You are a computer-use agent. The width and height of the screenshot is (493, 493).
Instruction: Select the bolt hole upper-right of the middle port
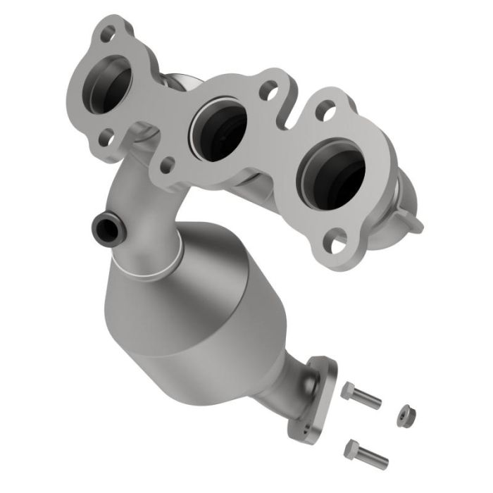268,90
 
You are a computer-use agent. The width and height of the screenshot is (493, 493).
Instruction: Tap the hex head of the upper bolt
348,390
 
